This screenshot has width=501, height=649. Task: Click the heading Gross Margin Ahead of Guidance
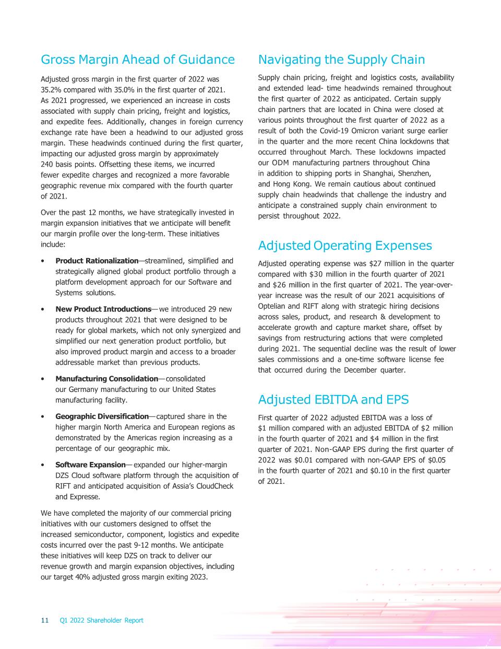(138, 60)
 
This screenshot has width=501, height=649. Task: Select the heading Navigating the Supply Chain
(341, 60)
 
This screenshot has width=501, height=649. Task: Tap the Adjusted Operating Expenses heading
(345, 246)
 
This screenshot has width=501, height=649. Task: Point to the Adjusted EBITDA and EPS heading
(333, 400)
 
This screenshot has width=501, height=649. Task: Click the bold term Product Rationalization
(97, 261)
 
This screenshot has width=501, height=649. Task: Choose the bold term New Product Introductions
(103, 309)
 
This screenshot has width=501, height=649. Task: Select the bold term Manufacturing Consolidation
(106, 379)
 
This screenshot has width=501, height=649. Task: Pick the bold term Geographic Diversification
(102, 416)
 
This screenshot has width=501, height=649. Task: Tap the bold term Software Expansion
(90, 465)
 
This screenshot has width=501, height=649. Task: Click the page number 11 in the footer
(44, 620)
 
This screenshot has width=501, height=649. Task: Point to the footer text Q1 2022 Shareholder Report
(101, 620)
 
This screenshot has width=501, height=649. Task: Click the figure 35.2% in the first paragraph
(51, 89)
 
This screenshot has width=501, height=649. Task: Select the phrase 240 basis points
(67, 164)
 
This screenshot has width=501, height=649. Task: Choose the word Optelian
(273, 306)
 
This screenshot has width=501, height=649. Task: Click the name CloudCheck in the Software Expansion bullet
(214, 486)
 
